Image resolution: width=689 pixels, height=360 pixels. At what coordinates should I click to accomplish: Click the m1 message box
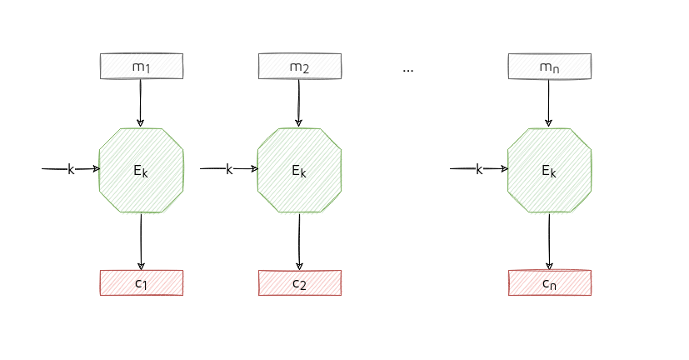[141, 66]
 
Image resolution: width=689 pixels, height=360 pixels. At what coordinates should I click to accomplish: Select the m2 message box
[299, 66]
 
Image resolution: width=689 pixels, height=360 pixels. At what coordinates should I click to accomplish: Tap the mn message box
[549, 66]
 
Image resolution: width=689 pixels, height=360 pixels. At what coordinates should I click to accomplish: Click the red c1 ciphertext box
[141, 282]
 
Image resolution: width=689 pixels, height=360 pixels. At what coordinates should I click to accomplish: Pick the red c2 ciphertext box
[299, 282]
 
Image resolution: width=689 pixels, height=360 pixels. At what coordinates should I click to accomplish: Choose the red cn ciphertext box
[549, 282]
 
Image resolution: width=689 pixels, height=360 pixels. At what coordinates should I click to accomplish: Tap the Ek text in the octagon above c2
[299, 171]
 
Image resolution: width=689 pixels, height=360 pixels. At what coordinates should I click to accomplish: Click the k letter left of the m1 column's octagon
[71, 169]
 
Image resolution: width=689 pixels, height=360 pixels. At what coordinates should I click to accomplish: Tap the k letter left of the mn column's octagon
[479, 169]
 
